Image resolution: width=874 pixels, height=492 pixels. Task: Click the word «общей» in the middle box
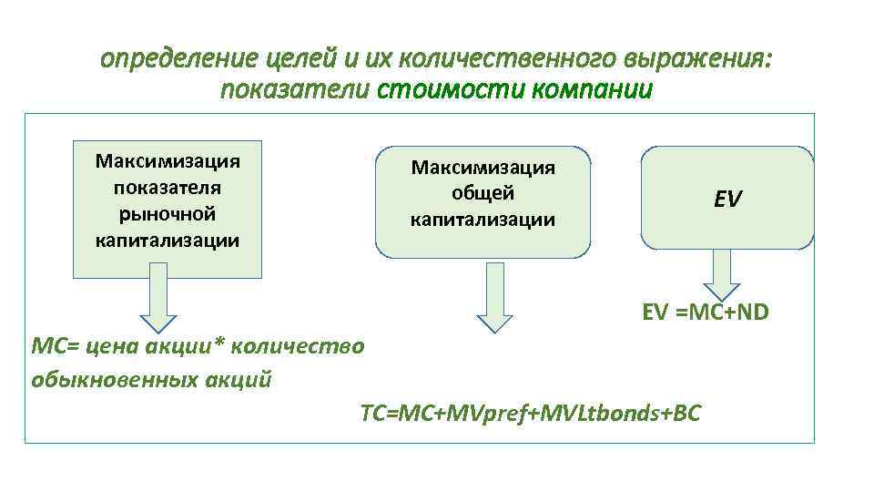(x=483, y=193)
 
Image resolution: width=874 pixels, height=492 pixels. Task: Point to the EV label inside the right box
(x=727, y=199)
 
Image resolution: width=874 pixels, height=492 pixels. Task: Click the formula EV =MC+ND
(x=705, y=313)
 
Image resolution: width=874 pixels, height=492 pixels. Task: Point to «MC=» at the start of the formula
(x=53, y=346)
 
